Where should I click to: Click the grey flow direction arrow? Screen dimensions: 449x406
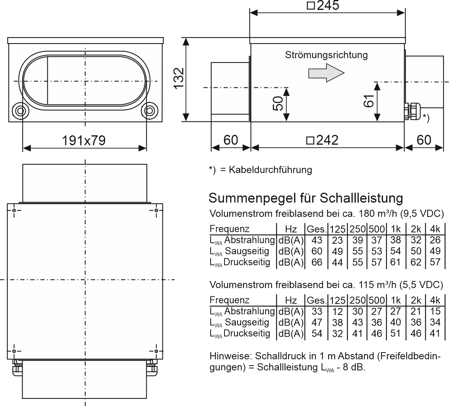(326, 73)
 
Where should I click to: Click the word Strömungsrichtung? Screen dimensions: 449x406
(326, 55)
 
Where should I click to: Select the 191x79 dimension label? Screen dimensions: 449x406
(84, 140)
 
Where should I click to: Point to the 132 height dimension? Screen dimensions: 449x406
(179, 78)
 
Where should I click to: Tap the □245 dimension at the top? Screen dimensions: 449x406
(323, 5)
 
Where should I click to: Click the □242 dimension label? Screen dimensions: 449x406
(323, 140)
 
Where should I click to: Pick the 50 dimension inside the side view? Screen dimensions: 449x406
(278, 103)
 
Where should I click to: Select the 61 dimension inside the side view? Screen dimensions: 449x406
(369, 101)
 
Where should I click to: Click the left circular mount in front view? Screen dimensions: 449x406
(20, 111)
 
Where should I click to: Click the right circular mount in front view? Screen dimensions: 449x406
(150, 111)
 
